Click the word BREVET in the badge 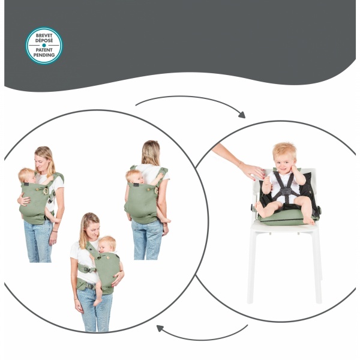44,35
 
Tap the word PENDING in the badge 44,55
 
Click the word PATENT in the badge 44,50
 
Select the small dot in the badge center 44,45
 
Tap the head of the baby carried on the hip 108,244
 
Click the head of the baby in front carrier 26,176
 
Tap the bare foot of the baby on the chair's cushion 260,211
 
